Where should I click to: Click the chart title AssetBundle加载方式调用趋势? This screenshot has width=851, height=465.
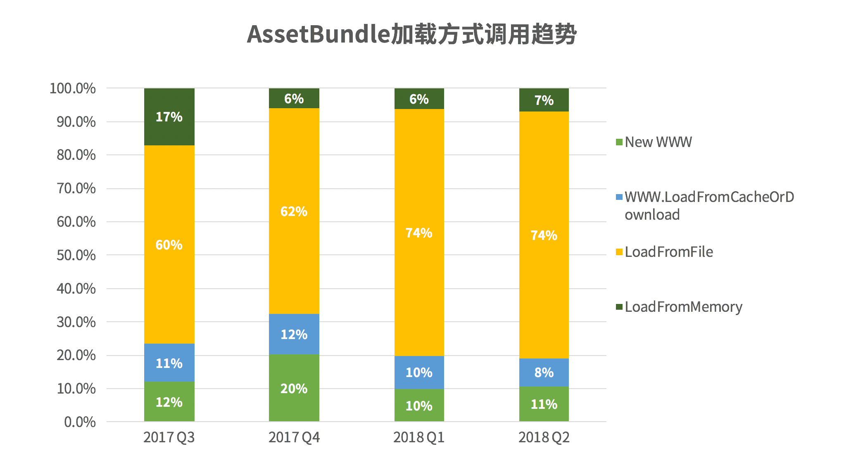(411, 34)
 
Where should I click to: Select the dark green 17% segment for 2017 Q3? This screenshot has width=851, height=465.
(169, 117)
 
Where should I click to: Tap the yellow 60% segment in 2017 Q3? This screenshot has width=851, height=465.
(169, 244)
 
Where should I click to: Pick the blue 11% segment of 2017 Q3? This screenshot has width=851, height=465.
(169, 363)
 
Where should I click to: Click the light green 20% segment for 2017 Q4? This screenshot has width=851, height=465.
(294, 388)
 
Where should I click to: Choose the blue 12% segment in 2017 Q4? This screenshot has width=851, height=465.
(294, 334)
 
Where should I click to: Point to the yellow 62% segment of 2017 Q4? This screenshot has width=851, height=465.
(294, 211)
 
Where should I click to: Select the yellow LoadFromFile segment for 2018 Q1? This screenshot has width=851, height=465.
(419, 232)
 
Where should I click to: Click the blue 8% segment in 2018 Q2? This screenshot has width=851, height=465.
(544, 372)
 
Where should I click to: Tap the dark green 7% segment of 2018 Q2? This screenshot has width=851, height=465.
(544, 100)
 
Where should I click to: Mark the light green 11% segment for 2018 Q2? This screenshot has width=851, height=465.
(544, 404)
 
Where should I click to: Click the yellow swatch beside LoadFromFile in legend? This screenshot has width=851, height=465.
(619, 252)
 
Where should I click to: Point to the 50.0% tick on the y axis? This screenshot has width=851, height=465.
(76, 255)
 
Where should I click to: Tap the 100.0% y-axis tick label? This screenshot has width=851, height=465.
(73, 88)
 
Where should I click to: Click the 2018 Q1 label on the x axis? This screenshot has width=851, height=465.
(419, 437)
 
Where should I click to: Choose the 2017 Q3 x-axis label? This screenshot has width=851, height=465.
(169, 437)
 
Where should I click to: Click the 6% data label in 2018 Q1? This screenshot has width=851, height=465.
(419, 99)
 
